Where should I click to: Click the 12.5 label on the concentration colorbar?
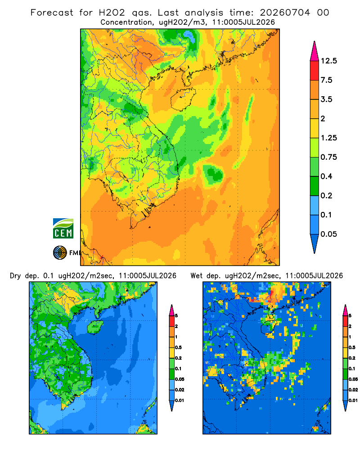[x=328, y=61]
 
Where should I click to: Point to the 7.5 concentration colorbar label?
[x=326, y=80]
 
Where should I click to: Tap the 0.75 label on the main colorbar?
[x=328, y=157]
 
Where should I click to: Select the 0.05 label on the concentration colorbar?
[x=328, y=234]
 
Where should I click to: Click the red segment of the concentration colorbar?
[x=315, y=71]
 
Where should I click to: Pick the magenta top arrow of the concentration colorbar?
[x=315, y=51]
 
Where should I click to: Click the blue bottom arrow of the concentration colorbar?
[x=315, y=243]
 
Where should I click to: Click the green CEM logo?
[x=63, y=229]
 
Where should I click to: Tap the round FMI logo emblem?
[x=60, y=252]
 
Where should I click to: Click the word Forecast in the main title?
[x=52, y=13]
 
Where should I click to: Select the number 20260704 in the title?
[x=285, y=13]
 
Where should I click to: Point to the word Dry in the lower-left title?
[x=15, y=276]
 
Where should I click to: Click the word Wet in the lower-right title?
[x=196, y=276]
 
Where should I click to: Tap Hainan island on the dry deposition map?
[x=95, y=327]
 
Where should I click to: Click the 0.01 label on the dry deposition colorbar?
[x=180, y=400]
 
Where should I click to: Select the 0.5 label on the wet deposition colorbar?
[x=352, y=347]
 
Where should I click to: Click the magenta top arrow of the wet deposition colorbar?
[x=345, y=310]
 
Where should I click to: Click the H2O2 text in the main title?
[x=112, y=13]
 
